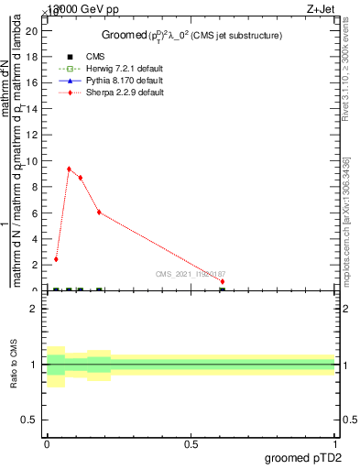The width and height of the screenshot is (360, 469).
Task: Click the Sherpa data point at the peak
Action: (x=69, y=169)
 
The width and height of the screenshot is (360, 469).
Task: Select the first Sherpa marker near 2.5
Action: (x=56, y=259)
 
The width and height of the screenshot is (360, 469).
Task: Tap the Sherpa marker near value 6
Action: (x=99, y=213)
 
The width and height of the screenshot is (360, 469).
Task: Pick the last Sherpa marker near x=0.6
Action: (x=222, y=281)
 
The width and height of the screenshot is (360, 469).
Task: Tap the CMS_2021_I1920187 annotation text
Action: (x=190, y=274)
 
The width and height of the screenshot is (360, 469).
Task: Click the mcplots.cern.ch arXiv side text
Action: (x=346, y=220)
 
